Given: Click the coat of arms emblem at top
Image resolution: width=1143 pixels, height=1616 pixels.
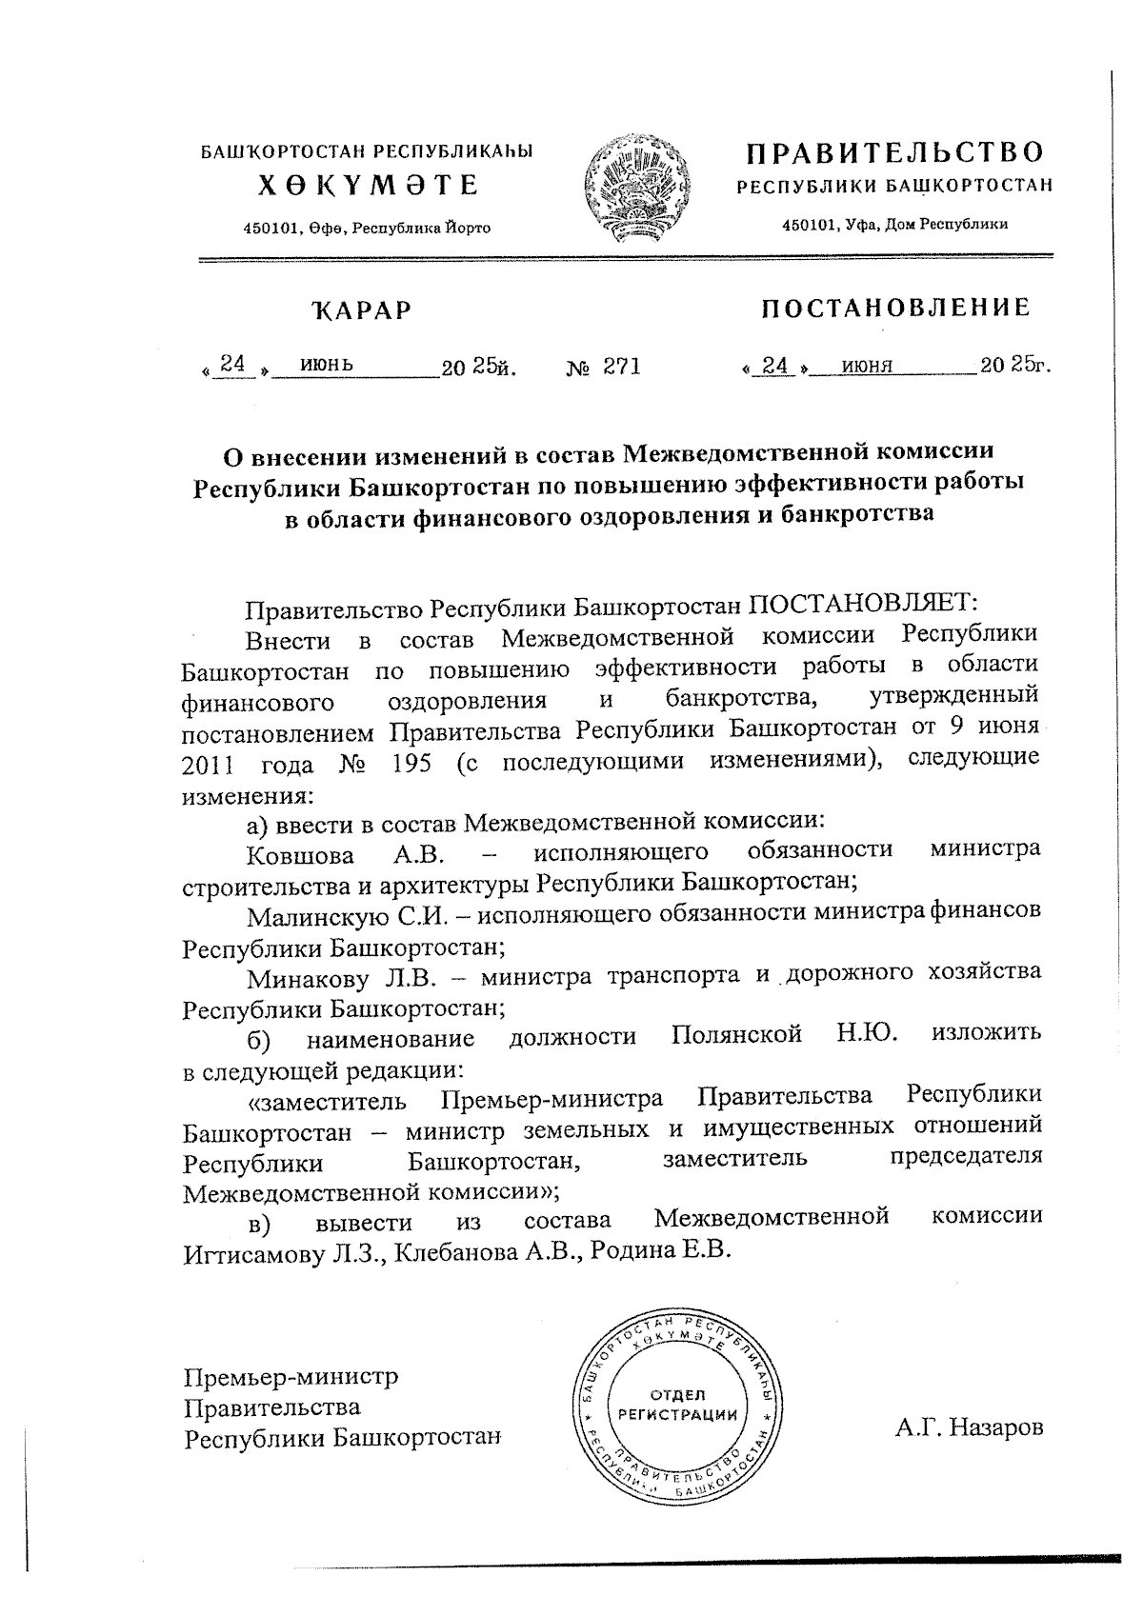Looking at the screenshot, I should [x=633, y=190].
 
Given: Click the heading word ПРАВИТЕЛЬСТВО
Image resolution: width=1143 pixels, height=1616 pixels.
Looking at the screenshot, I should [x=894, y=153].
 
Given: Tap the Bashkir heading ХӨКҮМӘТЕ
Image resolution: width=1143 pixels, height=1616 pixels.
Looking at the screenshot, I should [x=368, y=185].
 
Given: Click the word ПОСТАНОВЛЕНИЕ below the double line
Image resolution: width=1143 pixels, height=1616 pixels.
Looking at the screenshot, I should [x=894, y=308].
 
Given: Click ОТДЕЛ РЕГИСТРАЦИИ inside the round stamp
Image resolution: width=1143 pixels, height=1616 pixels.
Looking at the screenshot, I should [x=677, y=1403].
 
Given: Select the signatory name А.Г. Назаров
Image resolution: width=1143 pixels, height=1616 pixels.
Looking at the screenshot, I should [x=968, y=1427].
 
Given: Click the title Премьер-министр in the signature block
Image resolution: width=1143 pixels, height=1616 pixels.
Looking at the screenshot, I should [x=291, y=1377].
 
